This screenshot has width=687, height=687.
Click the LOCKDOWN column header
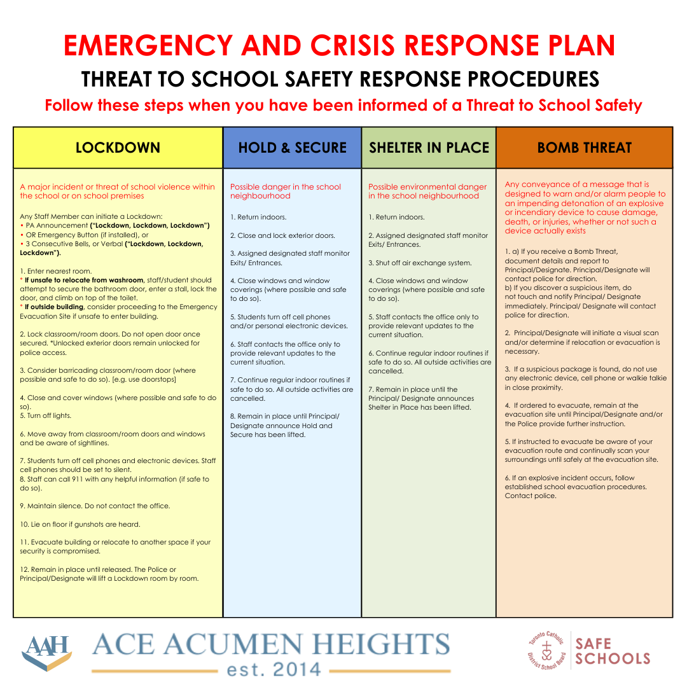(x=118, y=148)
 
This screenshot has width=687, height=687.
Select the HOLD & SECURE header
(x=292, y=148)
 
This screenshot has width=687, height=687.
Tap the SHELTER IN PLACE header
(x=429, y=148)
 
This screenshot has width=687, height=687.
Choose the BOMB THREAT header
(x=584, y=148)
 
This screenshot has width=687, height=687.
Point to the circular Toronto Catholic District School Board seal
(x=546, y=649)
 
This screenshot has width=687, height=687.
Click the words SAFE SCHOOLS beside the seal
(x=612, y=651)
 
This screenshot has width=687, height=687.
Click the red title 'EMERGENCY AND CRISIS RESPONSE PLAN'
(x=340, y=45)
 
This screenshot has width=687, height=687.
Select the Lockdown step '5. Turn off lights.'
(x=45, y=415)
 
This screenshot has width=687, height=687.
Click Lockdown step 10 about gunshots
(x=80, y=524)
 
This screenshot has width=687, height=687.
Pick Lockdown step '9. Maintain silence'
(x=95, y=506)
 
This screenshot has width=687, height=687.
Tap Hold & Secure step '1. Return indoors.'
(x=258, y=217)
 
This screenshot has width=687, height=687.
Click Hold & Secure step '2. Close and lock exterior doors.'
(x=282, y=235)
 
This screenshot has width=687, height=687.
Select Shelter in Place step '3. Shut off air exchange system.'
(x=420, y=263)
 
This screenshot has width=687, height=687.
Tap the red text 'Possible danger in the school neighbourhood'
(x=286, y=191)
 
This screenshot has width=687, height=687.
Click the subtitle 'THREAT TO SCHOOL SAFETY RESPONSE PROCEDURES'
(x=340, y=79)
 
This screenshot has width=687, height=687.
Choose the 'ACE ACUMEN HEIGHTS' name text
(x=271, y=645)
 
